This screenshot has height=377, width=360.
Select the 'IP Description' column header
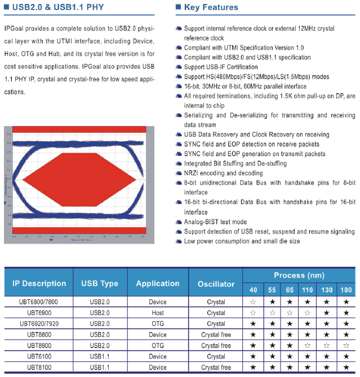pyautogui.click(x=39, y=284)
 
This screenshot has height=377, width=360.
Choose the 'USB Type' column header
pyautogui.click(x=100, y=284)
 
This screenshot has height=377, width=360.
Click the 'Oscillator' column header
pyautogui.click(x=216, y=284)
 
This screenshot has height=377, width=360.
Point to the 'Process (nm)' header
pyautogui.click(x=299, y=275)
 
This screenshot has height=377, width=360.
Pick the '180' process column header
pyautogui.click(x=346, y=290)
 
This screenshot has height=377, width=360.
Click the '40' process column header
pyautogui.click(x=253, y=290)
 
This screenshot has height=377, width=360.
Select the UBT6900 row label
pyautogui.click(x=39, y=313)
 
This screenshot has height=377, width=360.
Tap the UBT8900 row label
pyautogui.click(x=39, y=345)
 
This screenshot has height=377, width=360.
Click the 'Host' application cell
pyautogui.click(x=158, y=313)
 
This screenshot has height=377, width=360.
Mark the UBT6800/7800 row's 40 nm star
pyautogui.click(x=253, y=302)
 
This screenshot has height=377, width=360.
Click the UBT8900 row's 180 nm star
pyautogui.click(x=346, y=345)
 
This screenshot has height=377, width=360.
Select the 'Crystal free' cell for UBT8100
pyautogui.click(x=216, y=367)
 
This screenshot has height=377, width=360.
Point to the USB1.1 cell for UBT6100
pyautogui.click(x=100, y=357)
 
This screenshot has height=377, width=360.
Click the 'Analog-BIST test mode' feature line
pyautogui.click(x=215, y=222)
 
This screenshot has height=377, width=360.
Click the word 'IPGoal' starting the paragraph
pyautogui.click(x=16, y=28)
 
